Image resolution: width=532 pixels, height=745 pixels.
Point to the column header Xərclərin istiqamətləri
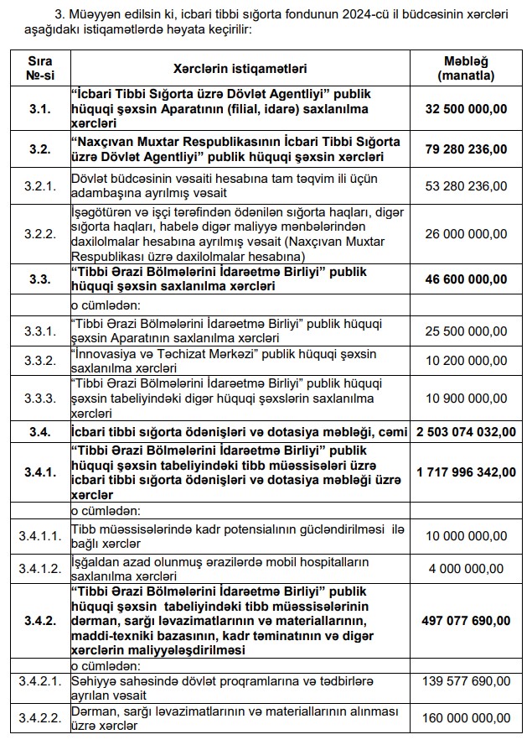point(240,68)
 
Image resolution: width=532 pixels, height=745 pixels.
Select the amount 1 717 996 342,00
point(466,472)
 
